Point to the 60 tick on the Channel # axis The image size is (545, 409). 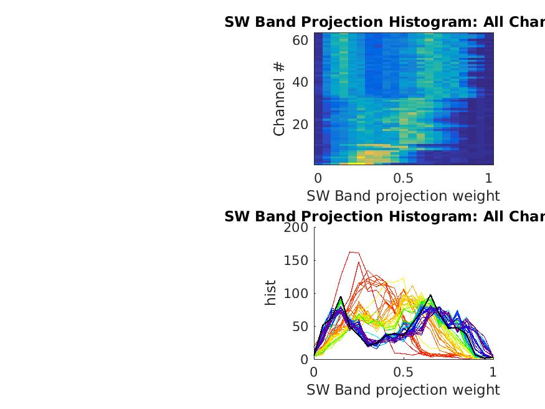click(300, 41)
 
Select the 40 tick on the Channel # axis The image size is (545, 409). click(300, 82)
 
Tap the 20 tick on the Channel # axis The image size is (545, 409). click(300, 124)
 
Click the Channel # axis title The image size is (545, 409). click(279, 99)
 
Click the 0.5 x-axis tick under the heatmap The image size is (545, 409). click(403, 177)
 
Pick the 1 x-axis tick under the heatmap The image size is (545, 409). click(489, 177)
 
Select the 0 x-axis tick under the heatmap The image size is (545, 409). click(318, 177)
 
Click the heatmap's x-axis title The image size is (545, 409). click(403, 196)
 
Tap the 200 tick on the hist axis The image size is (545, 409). click(296, 228)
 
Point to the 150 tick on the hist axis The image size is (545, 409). click(296, 261)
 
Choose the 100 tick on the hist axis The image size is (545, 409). click(296, 294)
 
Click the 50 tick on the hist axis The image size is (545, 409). click(300, 326)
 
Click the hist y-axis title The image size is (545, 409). click(270, 293)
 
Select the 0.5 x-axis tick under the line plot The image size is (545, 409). click(403, 372)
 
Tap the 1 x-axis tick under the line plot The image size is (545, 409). click(493, 372)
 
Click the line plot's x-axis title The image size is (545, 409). click(403, 390)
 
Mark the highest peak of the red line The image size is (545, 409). click(351, 252)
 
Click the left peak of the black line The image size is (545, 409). click(341, 297)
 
